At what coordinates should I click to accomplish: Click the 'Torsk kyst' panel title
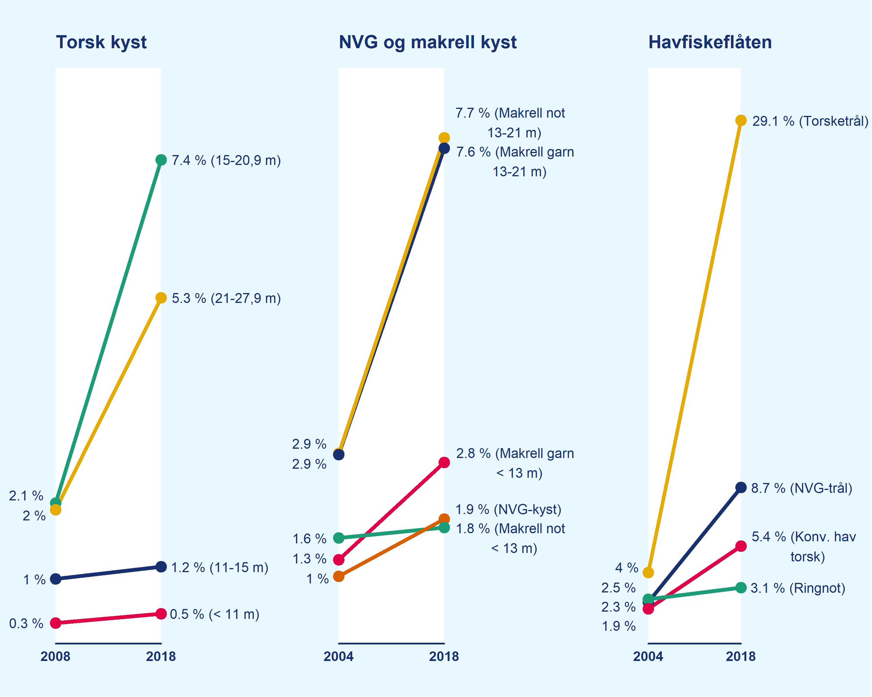pyautogui.click(x=101, y=42)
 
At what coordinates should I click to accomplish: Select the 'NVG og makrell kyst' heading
pyautogui.click(x=428, y=42)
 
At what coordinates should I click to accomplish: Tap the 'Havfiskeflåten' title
pyautogui.click(x=710, y=42)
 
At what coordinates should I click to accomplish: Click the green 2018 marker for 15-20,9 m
pyautogui.click(x=161, y=160)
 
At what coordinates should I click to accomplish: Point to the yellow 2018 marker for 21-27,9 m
pyautogui.click(x=161, y=298)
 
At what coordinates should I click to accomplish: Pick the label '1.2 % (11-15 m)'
pyautogui.click(x=220, y=567)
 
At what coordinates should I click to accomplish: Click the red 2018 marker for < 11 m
pyautogui.click(x=161, y=614)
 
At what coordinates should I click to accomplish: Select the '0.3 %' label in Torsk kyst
pyautogui.click(x=26, y=624)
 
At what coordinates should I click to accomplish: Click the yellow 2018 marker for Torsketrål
pyautogui.click(x=741, y=121)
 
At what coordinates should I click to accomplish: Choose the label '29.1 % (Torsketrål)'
pyautogui.click(x=810, y=121)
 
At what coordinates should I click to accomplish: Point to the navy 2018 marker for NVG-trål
pyautogui.click(x=741, y=488)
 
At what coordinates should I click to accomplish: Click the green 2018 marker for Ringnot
pyautogui.click(x=741, y=588)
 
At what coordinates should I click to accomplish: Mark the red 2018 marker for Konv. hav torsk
pyautogui.click(x=741, y=546)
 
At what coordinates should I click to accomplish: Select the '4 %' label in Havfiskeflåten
pyautogui.click(x=626, y=568)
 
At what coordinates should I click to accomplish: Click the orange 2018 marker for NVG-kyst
pyautogui.click(x=444, y=519)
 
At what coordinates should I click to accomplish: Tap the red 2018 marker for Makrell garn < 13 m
pyautogui.click(x=444, y=462)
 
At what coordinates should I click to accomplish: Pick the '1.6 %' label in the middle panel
pyautogui.click(x=309, y=539)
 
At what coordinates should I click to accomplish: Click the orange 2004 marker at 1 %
pyautogui.click(x=339, y=576)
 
